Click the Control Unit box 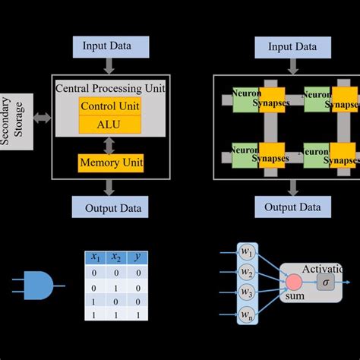click(110, 106)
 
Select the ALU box click(110, 125)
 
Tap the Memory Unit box click(111, 163)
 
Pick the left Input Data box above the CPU click(111, 46)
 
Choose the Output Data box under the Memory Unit click(111, 207)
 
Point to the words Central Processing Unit click(110, 89)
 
